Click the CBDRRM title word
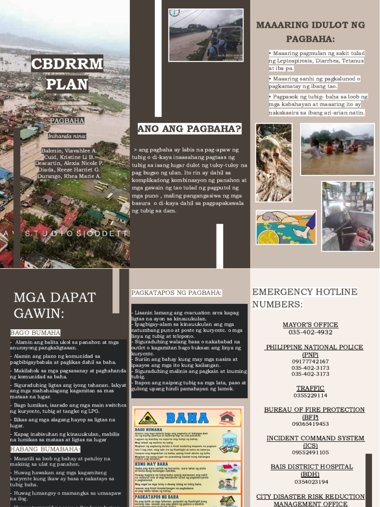coord(67,64)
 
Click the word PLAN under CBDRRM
coord(67,84)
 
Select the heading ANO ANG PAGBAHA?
coord(190,130)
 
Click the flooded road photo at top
coord(205,35)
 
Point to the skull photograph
coord(273,162)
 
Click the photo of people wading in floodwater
coord(337,149)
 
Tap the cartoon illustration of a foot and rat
coord(286,228)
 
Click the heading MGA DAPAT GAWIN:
coord(54,305)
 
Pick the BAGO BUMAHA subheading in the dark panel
coord(35,333)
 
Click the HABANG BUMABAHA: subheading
coord(45,449)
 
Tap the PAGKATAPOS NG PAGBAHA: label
coord(177,293)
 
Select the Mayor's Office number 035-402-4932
coord(310,332)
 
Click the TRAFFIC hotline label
coord(310,388)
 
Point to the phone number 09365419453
coord(310,424)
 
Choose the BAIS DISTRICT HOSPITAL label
coord(311,467)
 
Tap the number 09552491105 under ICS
coord(310,453)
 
